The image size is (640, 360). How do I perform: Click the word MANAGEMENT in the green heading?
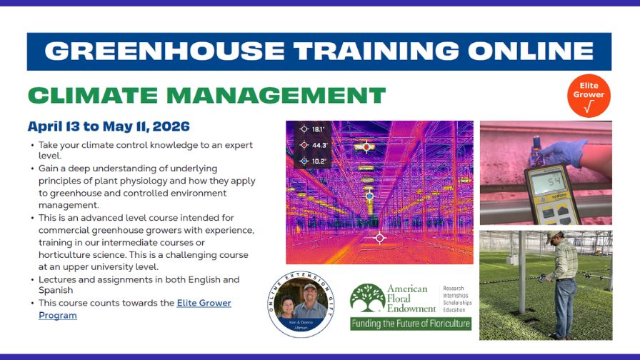pos(272,94)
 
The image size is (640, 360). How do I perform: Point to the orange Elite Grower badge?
pos(589,95)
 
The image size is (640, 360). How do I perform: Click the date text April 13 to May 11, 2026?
pos(109,127)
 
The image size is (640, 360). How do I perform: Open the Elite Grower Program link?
pos(134,309)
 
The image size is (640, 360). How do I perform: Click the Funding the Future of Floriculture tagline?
pos(411,324)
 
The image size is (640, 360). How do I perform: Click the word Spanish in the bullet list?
pos(56,291)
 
